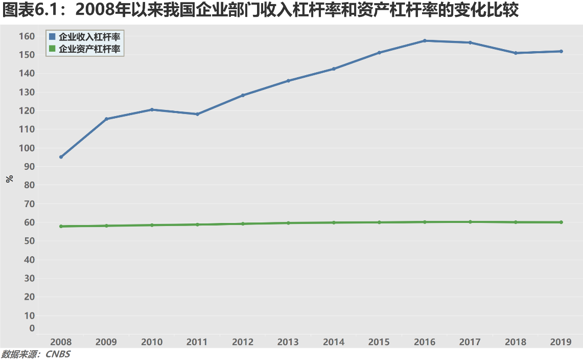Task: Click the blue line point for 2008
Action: (x=61, y=157)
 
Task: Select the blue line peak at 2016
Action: (x=425, y=40)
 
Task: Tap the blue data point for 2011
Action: (x=197, y=114)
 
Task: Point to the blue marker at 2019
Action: (x=561, y=51)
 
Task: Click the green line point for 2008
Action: (x=61, y=226)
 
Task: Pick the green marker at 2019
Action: (x=561, y=222)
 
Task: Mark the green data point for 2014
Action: (x=334, y=222)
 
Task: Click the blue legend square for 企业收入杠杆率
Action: (x=52, y=37)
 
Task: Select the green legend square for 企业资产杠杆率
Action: (x=52, y=49)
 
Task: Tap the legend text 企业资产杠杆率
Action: (x=89, y=49)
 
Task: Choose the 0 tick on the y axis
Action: (x=32, y=328)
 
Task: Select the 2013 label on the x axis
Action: (x=288, y=342)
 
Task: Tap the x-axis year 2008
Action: (x=61, y=342)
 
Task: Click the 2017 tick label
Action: (x=470, y=342)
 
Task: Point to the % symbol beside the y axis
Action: (x=9, y=179)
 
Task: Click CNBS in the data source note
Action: (x=58, y=354)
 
